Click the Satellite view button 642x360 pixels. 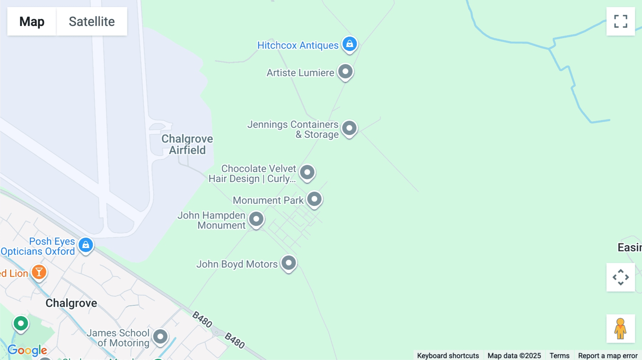coord(92,21)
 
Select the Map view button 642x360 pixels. coord(32,21)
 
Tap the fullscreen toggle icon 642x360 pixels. coord(621,21)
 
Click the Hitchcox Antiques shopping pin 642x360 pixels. coord(350,44)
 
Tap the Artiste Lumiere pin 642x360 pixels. coord(345,72)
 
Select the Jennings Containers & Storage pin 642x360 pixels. coord(349,128)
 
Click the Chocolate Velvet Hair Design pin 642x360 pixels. coord(307,173)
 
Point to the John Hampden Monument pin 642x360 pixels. coord(256,219)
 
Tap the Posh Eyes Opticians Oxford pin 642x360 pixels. coord(86,245)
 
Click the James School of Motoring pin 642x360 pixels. coord(160,336)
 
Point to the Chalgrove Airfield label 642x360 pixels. coord(187,144)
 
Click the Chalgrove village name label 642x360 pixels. coord(71,303)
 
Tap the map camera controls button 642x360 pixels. coord(621,277)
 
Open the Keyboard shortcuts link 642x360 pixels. coord(448,355)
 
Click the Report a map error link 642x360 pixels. coord(608,355)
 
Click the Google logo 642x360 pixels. coord(27,350)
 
